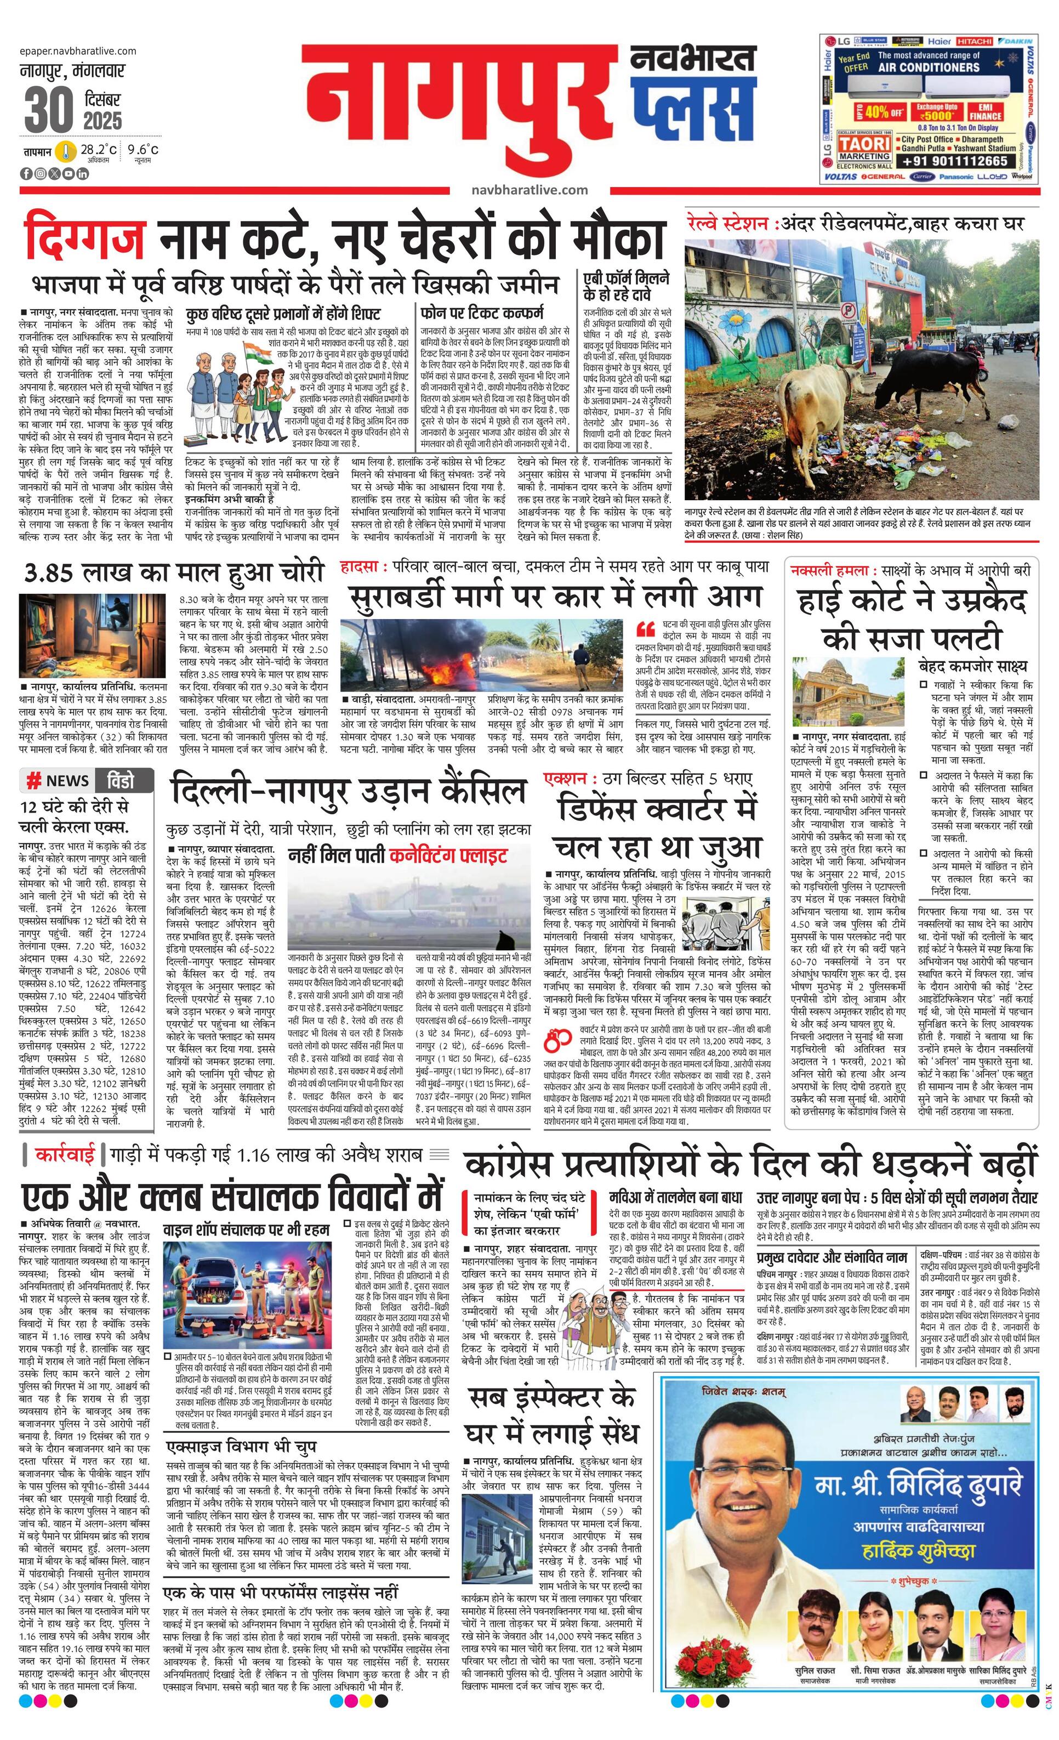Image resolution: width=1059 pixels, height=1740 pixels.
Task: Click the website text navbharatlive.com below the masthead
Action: (x=529, y=189)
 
